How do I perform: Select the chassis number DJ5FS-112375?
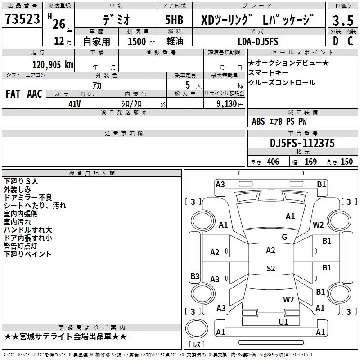(x=302, y=143)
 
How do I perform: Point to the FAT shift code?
(x=13, y=94)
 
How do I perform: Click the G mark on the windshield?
(x=284, y=237)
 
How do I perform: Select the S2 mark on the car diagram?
(x=270, y=269)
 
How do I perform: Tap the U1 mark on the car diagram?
(x=283, y=322)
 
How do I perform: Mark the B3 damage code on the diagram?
(x=195, y=276)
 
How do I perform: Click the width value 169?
(x=310, y=162)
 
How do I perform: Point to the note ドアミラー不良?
(x=27, y=197)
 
